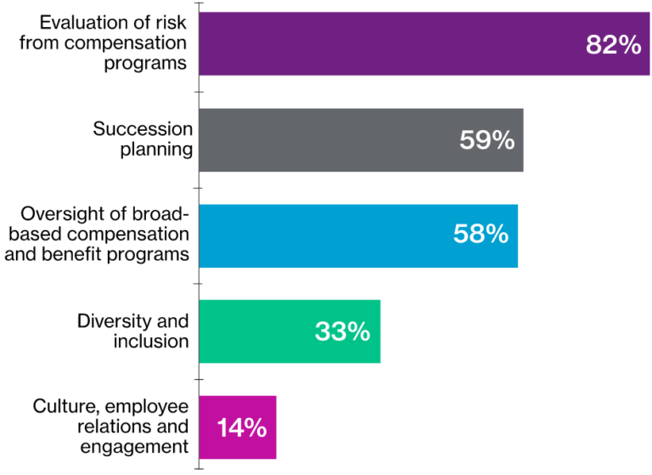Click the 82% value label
coord(613,45)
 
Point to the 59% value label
coord(486,140)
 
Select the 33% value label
coord(342,331)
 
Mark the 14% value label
coord(241,427)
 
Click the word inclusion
coord(150,342)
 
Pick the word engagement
coord(133,446)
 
